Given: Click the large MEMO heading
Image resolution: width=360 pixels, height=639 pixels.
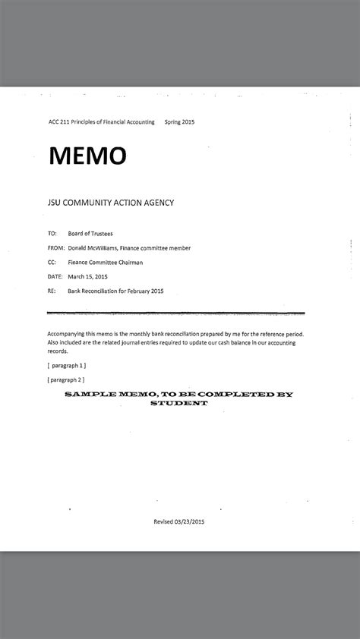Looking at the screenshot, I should click(x=87, y=156).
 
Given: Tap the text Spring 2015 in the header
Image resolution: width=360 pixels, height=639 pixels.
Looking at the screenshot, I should click(x=180, y=121).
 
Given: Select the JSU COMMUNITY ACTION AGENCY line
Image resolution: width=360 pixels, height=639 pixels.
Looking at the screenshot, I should click(x=110, y=203).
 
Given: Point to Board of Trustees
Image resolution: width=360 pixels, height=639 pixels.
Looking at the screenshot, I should click(x=90, y=234).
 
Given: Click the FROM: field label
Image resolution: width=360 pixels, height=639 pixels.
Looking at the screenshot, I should click(x=55, y=248).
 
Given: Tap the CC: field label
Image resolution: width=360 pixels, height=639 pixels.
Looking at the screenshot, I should click(x=52, y=263).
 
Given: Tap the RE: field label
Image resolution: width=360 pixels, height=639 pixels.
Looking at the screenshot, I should click(x=52, y=291).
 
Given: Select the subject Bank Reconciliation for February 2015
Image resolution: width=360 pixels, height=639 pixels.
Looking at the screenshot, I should click(x=115, y=291).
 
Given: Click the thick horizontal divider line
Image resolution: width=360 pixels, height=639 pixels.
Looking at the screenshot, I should click(x=175, y=312).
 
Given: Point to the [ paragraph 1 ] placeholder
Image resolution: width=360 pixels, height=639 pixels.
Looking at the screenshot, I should click(x=66, y=364).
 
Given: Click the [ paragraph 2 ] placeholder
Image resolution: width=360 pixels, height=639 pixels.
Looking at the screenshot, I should click(x=66, y=379).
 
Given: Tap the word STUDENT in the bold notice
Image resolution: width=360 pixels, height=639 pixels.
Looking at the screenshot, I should click(x=178, y=404).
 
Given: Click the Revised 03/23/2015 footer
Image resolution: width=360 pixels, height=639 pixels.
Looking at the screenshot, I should click(x=179, y=521).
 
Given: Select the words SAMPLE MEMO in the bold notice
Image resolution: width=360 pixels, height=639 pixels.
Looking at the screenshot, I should click(x=102, y=395).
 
